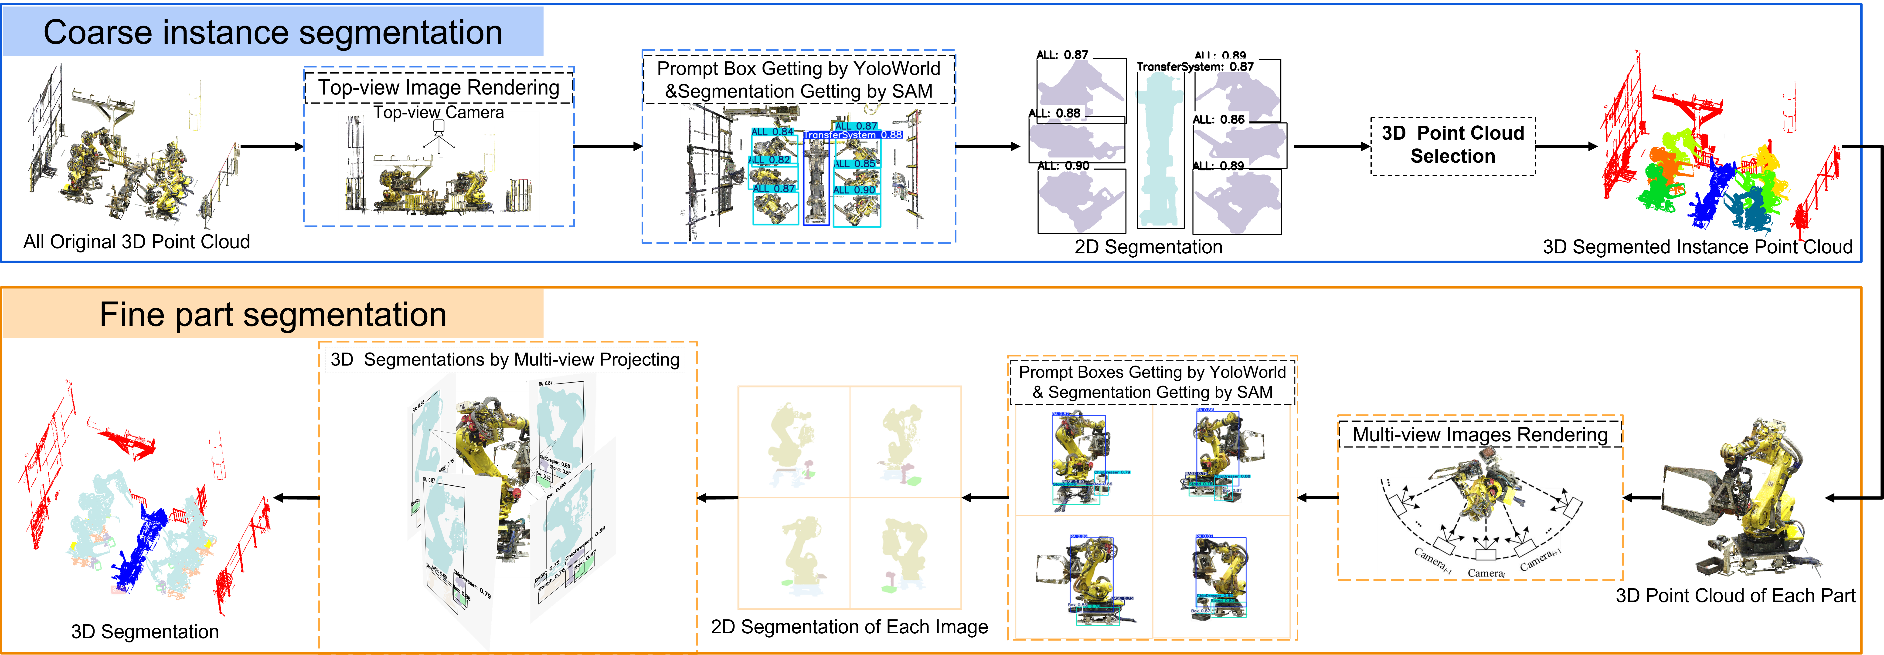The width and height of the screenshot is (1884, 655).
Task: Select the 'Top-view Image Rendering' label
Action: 439,88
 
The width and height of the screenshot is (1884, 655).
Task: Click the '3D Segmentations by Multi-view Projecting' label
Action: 505,360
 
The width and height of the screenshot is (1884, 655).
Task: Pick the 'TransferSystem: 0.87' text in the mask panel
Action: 1195,67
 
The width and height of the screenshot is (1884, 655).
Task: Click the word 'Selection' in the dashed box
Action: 1452,156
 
